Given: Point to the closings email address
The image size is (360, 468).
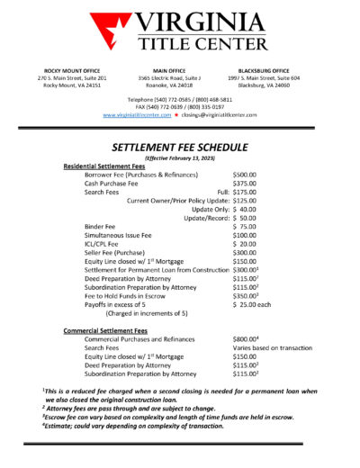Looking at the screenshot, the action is coord(221,115).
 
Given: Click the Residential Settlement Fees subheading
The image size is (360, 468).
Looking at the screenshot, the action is coord(104,166).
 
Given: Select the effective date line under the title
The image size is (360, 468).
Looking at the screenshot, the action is coord(179,156).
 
